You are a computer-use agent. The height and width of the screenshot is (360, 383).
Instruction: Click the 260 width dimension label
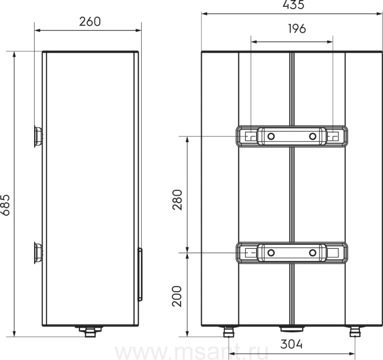click(x=90, y=22)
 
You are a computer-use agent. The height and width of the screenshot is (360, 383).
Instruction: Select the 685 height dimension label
click(x=5, y=205)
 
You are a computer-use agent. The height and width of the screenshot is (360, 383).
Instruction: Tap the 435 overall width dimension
click(x=293, y=5)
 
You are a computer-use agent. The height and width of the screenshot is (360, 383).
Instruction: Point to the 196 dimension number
click(x=297, y=29)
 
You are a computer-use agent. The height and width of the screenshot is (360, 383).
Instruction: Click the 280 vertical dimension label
click(x=177, y=199)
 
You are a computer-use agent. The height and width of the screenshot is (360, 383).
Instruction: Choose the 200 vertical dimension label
click(x=177, y=296)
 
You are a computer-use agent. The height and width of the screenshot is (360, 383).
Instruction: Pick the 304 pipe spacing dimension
click(x=292, y=344)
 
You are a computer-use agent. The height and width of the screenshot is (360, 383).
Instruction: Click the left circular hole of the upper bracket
click(x=271, y=136)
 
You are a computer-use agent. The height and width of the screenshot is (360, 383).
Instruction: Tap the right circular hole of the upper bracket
click(x=313, y=136)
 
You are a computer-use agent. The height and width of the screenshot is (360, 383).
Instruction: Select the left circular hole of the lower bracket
click(x=271, y=253)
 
